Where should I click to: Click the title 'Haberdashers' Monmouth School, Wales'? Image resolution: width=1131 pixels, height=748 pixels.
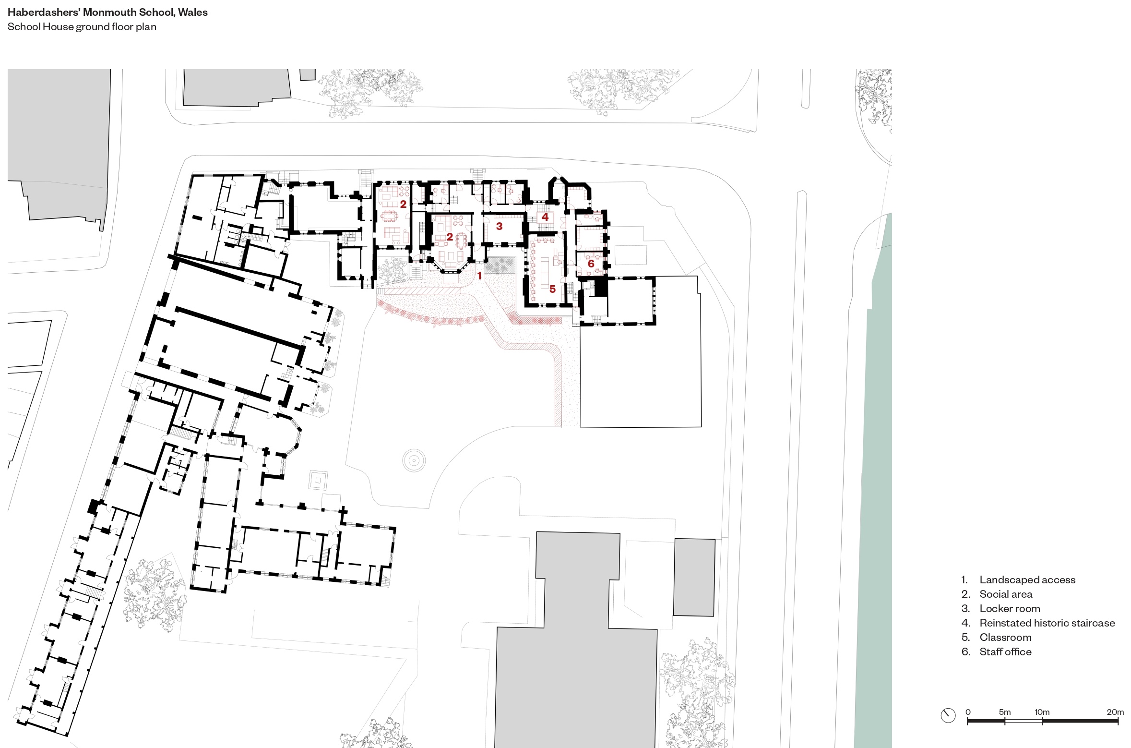pyautogui.click(x=107, y=12)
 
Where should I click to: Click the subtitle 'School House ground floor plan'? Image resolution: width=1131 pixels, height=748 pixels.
pyautogui.click(x=82, y=27)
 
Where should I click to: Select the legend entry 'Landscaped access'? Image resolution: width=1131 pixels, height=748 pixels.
pyautogui.click(x=1027, y=580)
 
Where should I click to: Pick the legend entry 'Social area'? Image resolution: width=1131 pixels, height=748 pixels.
pyautogui.click(x=1006, y=594)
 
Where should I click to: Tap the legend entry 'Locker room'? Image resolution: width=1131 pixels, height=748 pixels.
pyautogui.click(x=1010, y=609)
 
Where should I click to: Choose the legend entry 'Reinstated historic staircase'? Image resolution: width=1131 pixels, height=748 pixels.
pyautogui.click(x=1047, y=623)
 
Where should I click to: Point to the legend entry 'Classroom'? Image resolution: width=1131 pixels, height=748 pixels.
pyautogui.click(x=1005, y=638)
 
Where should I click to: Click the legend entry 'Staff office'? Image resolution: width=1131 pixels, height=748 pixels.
pyautogui.click(x=1005, y=652)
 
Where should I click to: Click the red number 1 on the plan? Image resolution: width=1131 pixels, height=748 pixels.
pyautogui.click(x=479, y=276)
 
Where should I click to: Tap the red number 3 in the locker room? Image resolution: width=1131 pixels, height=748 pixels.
pyautogui.click(x=499, y=226)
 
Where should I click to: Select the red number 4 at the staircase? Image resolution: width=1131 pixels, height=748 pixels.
pyautogui.click(x=545, y=217)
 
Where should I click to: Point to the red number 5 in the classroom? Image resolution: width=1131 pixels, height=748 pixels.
pyautogui.click(x=552, y=289)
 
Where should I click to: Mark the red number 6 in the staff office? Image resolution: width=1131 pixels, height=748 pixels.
pyautogui.click(x=591, y=264)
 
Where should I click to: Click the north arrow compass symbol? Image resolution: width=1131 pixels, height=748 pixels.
pyautogui.click(x=948, y=729)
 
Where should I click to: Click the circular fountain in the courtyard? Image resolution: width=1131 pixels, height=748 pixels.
pyautogui.click(x=414, y=460)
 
